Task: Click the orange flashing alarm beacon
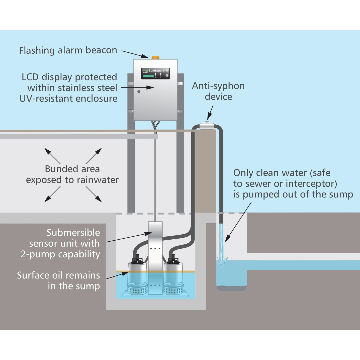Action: [155, 57]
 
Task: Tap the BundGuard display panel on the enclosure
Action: [155, 73]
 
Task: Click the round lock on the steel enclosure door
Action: [139, 92]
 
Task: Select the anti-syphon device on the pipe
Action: [207, 126]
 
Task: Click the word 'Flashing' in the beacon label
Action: [37, 51]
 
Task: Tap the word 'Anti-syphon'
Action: [218, 86]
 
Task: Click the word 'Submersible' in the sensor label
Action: [73, 233]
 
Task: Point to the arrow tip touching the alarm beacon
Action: [149, 57]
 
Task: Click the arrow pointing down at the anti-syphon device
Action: [210, 112]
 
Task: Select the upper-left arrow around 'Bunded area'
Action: [52, 156]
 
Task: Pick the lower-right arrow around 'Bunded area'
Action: [94, 194]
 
